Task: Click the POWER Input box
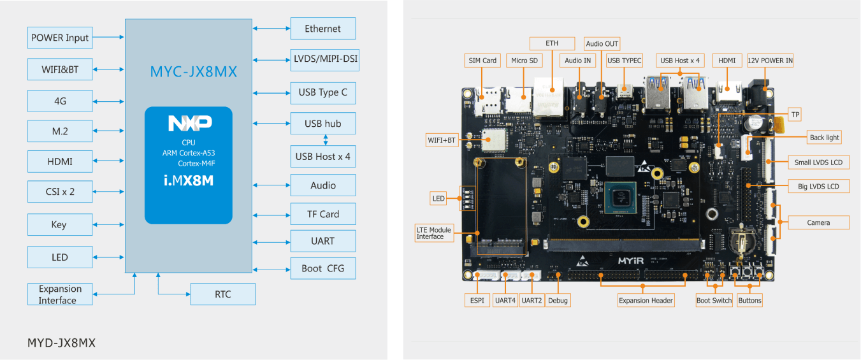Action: [60, 38]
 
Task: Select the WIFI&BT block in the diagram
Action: [60, 69]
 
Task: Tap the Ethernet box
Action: [322, 29]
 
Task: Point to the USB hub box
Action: [322, 124]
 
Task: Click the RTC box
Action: [222, 294]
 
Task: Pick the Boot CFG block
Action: [322, 268]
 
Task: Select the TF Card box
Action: [322, 214]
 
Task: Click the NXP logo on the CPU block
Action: [189, 124]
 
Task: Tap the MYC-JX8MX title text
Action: [193, 71]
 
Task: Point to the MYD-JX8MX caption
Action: [61, 343]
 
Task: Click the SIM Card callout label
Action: [482, 61]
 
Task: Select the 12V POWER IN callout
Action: [770, 61]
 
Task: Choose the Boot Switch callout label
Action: [714, 300]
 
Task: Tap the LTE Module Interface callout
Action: [434, 233]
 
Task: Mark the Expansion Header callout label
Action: [645, 300]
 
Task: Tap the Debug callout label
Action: [558, 300]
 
